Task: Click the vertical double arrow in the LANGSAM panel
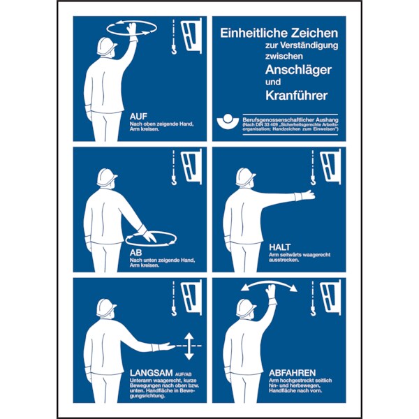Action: (189, 346)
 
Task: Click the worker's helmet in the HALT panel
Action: (245, 177)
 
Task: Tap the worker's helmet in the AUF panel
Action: (107, 46)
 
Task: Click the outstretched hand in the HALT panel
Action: (305, 196)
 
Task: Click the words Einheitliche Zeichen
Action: (279, 33)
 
